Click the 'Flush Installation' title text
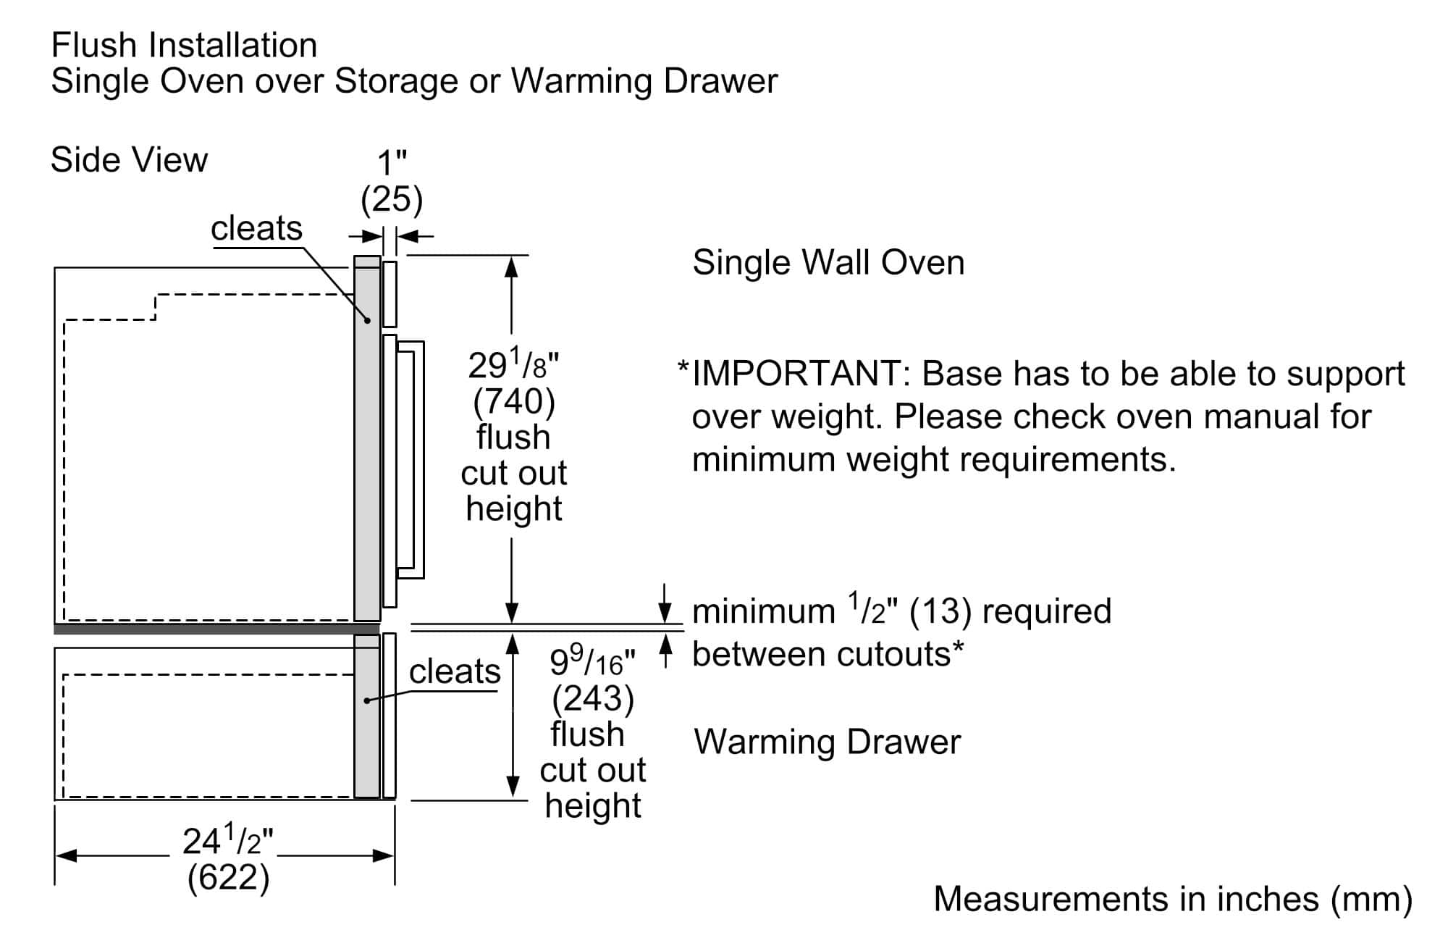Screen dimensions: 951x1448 tap(184, 46)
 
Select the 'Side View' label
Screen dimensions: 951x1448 tap(129, 160)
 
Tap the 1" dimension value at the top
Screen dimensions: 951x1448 tap(392, 164)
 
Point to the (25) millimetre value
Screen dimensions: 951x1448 tap(392, 199)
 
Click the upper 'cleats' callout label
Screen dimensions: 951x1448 tap(256, 229)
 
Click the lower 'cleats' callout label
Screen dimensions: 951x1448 tap(455, 672)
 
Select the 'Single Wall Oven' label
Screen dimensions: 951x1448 tap(828, 263)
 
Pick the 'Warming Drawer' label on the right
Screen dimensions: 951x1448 tap(828, 742)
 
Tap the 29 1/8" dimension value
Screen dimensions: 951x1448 tap(513, 365)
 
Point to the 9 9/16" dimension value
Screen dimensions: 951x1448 tap(592, 661)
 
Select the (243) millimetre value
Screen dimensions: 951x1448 tap(593, 698)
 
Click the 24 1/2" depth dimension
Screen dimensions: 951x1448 tap(228, 842)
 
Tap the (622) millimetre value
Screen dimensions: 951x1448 tap(228, 878)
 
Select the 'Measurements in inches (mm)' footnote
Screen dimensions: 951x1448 tap(1173, 900)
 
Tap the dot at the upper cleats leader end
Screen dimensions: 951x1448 tap(367, 320)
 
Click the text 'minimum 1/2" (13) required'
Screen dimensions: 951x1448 tap(901, 611)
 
